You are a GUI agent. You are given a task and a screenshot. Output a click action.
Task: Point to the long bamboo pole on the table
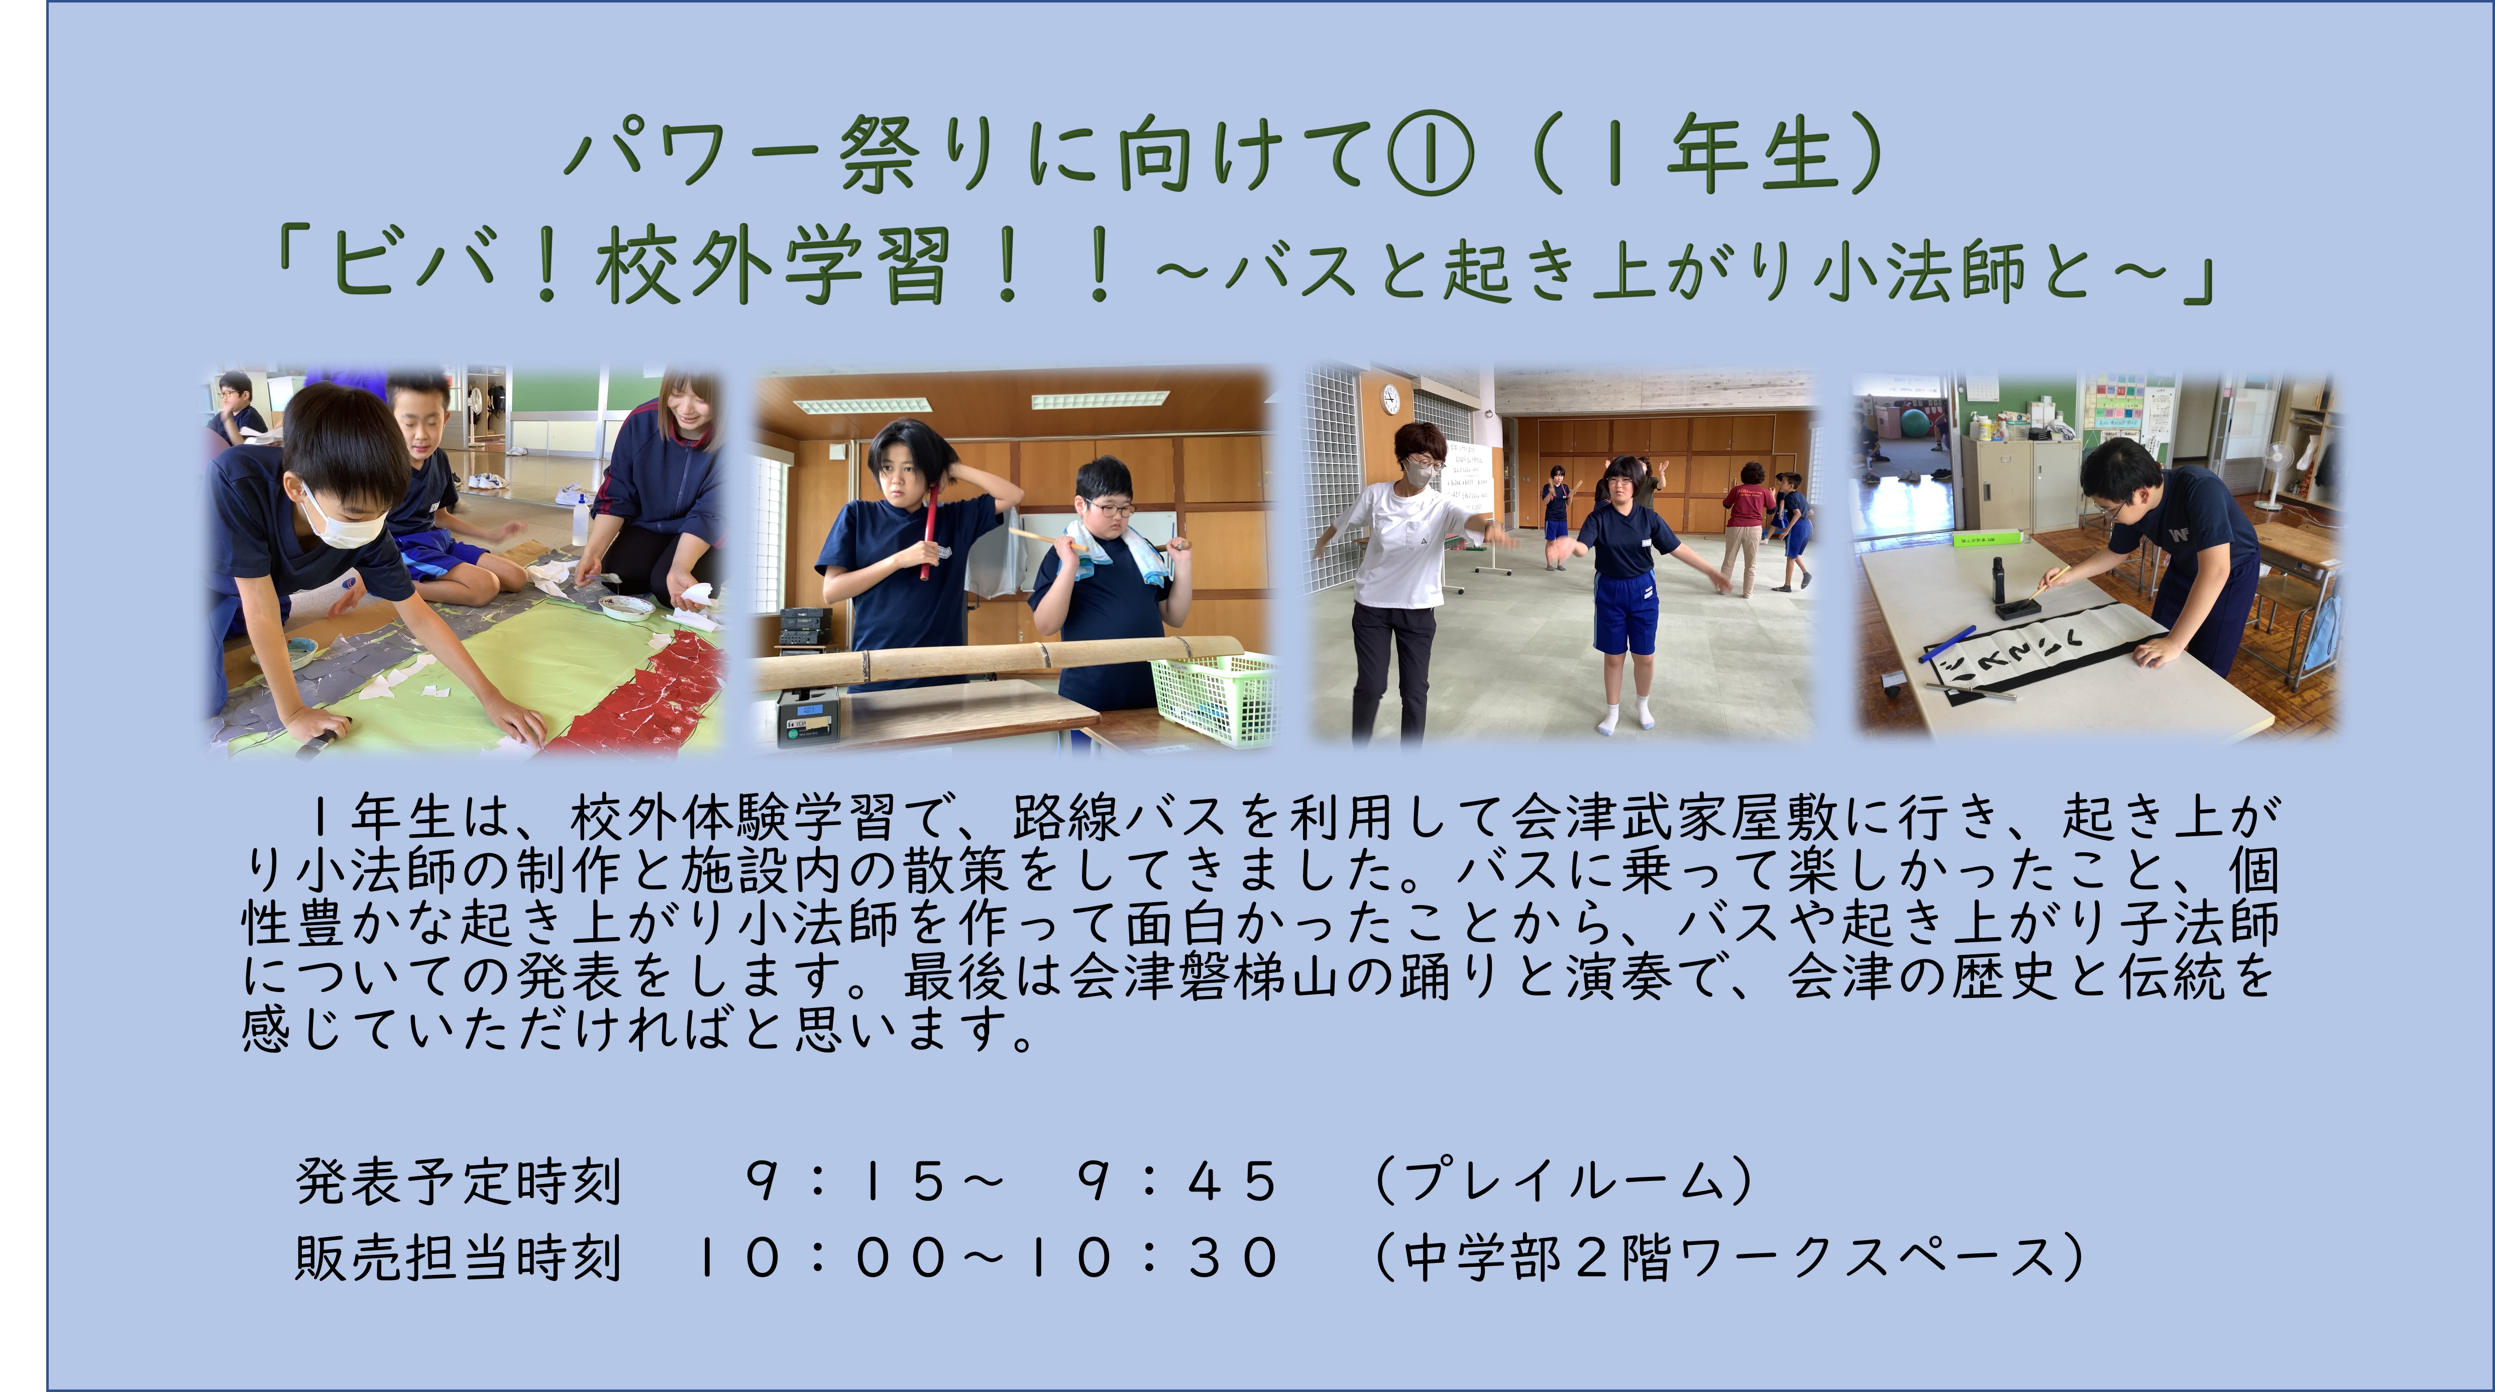(998, 660)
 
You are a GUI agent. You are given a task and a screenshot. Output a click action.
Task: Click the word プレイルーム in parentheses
(1564, 1181)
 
